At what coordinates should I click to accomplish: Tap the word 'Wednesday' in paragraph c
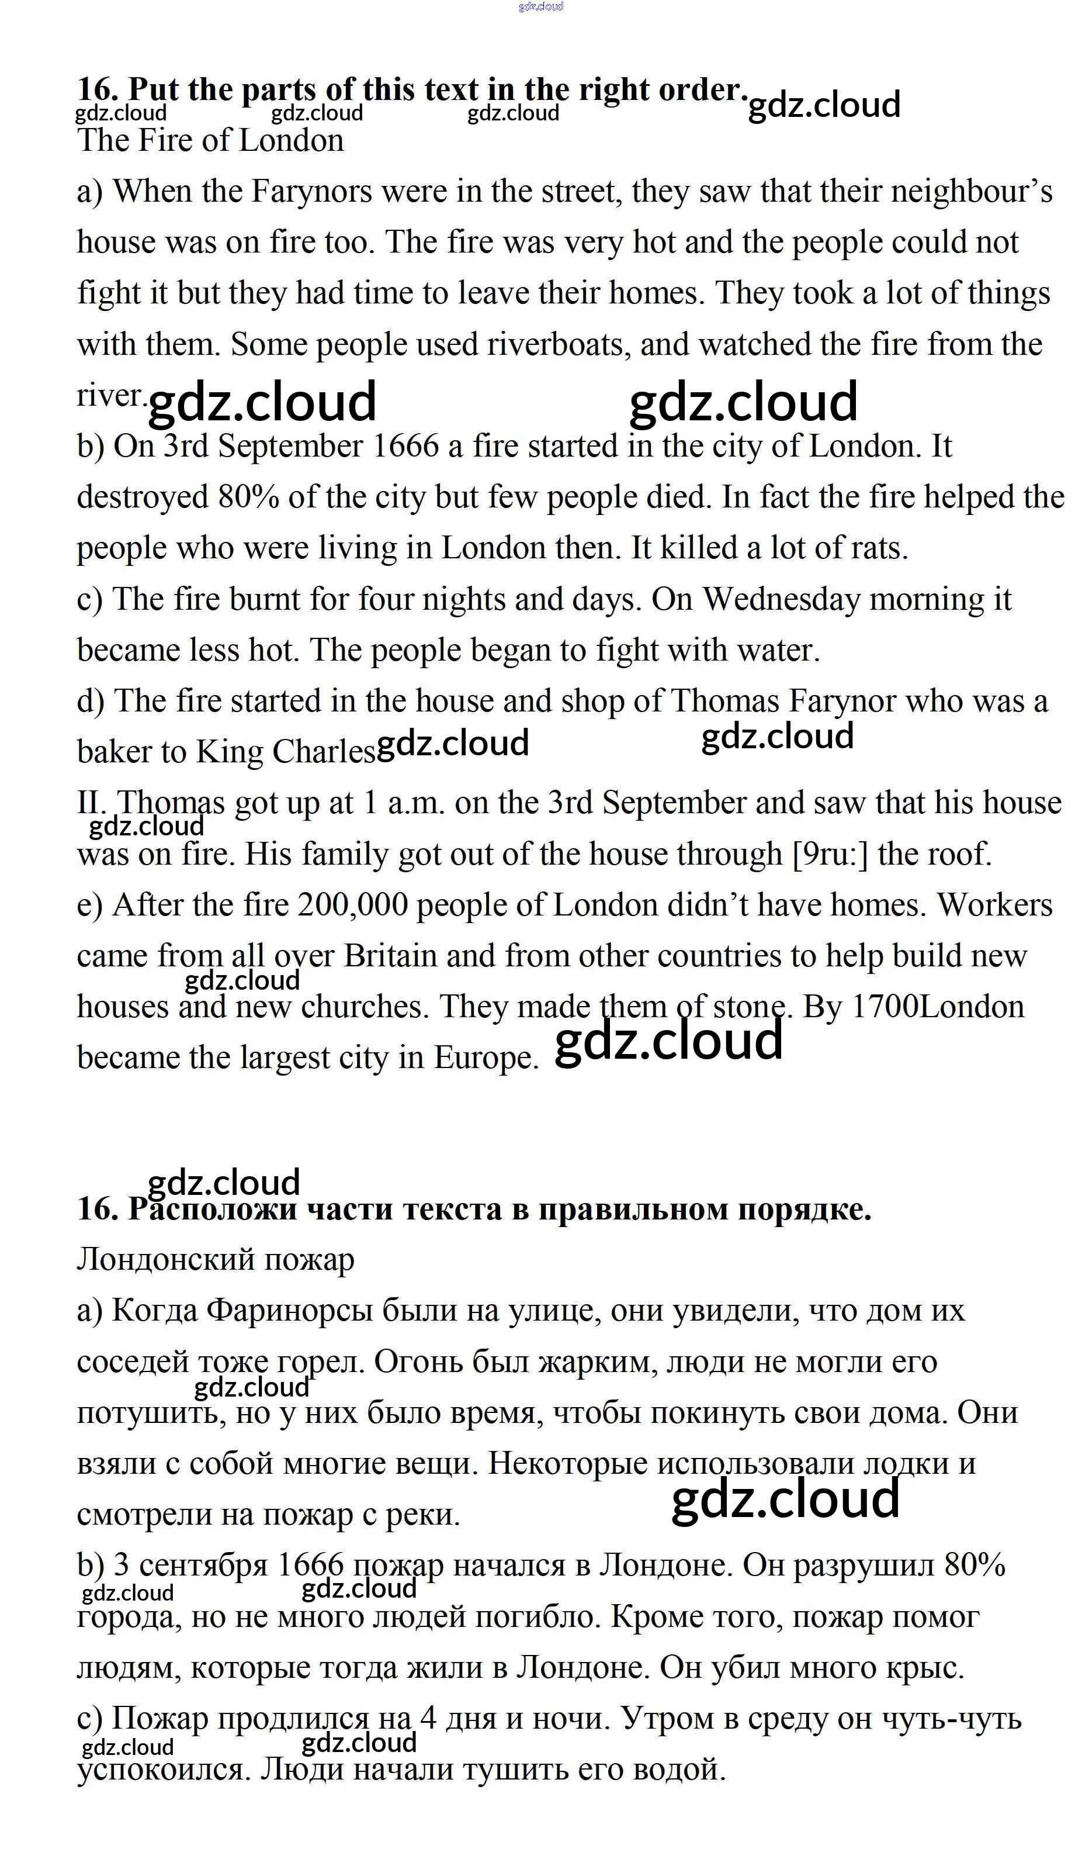781,599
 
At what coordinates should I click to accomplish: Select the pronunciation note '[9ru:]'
830,854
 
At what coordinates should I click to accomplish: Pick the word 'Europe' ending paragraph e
485,1058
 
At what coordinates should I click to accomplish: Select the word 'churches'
365,1007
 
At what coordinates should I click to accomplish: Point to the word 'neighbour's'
971,192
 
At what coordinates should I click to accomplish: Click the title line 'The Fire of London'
210,140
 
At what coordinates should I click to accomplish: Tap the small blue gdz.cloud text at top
540,6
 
